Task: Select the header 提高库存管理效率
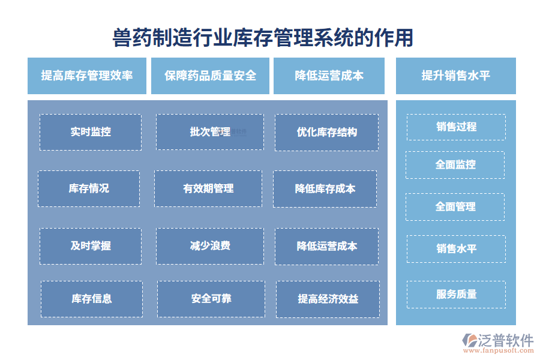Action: click(x=87, y=76)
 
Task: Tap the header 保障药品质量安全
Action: click(x=210, y=76)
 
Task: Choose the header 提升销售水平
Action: click(x=455, y=76)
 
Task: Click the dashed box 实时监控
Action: click(x=91, y=132)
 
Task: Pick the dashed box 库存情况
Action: click(x=89, y=188)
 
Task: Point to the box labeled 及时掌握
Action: click(x=91, y=246)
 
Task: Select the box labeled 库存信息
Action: click(x=92, y=299)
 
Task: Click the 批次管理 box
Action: click(x=209, y=132)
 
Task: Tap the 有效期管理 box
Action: click(x=208, y=188)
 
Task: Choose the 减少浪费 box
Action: click(x=209, y=246)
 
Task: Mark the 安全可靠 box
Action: click(x=211, y=299)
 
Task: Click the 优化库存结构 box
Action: click(x=327, y=132)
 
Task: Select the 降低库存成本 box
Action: click(x=325, y=188)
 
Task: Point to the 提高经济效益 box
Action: click(x=328, y=299)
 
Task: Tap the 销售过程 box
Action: click(x=456, y=127)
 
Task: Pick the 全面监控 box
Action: click(x=455, y=164)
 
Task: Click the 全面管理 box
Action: click(x=455, y=206)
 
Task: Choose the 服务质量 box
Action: click(x=456, y=294)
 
